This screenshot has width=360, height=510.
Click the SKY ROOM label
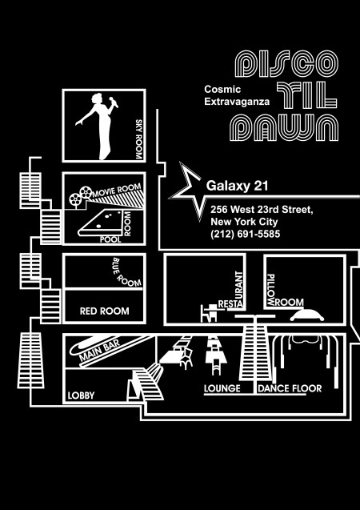tap(139, 139)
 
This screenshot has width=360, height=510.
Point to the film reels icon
tap(81, 196)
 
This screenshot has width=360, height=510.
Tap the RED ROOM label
tap(104, 311)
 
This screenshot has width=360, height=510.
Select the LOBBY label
tap(81, 396)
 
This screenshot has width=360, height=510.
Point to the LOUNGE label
tap(222, 388)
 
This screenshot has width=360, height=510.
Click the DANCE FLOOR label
tap(290, 388)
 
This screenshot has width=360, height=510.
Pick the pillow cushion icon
tap(306, 315)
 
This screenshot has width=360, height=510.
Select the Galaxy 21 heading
tap(237, 186)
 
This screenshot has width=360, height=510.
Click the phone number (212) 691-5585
tap(246, 234)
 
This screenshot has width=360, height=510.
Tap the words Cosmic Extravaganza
tap(237, 95)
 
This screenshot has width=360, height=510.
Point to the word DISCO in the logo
tap(286, 63)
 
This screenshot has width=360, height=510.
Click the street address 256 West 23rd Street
tap(262, 210)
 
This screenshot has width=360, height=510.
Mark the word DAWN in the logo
tap(284, 127)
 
